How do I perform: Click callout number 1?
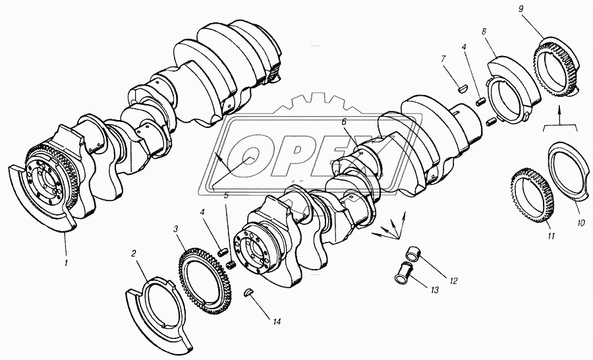(66, 262)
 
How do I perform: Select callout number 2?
(133, 253)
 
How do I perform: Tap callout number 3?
(175, 229)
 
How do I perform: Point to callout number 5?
(226, 196)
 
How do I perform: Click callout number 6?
(344, 121)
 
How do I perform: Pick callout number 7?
(443, 59)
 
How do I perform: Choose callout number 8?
(484, 32)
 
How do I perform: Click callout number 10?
(580, 224)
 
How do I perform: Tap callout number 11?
(551, 236)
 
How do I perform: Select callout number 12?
(453, 281)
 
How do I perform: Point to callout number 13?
(434, 290)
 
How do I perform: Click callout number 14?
(277, 322)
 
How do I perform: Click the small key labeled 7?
(460, 88)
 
